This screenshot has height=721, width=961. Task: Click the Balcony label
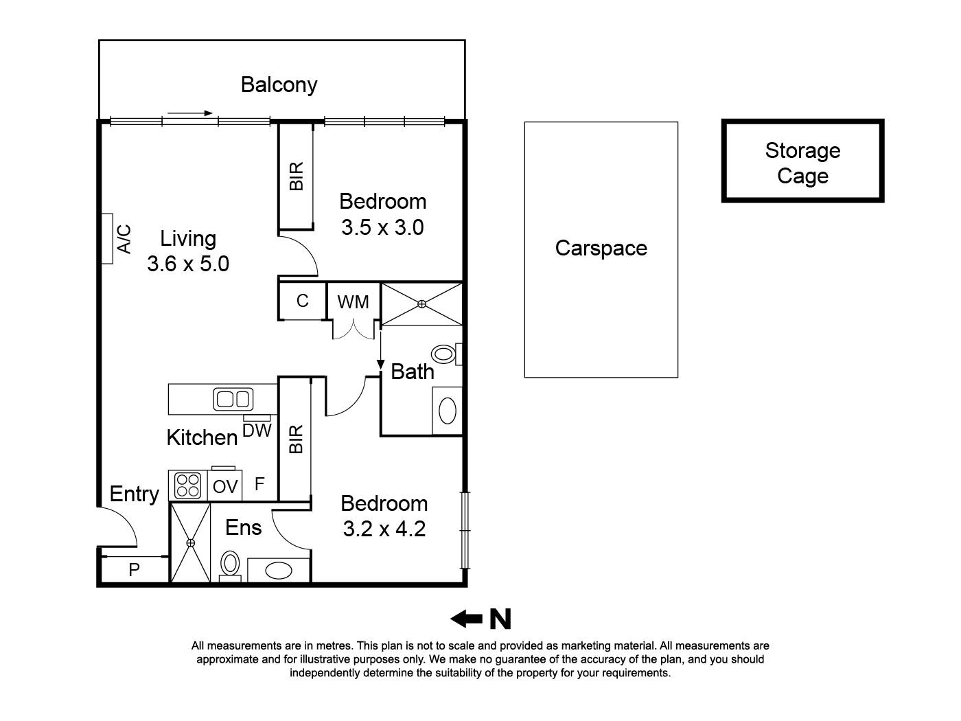pyautogui.click(x=279, y=84)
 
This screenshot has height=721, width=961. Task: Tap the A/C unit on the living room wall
pyautogui.click(x=107, y=238)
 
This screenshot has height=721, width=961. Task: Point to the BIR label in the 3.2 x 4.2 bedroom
pyautogui.click(x=295, y=439)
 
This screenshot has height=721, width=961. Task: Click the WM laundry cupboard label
pyautogui.click(x=353, y=302)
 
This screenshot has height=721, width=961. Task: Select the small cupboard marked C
pyautogui.click(x=302, y=301)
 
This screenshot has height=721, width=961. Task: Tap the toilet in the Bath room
pyautogui.click(x=445, y=354)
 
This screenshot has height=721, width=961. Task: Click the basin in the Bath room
pyautogui.click(x=447, y=411)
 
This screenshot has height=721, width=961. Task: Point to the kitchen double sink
pyautogui.click(x=233, y=399)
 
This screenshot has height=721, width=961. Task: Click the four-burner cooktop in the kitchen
pyautogui.click(x=188, y=485)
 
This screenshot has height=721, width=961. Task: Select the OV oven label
pyautogui.click(x=225, y=487)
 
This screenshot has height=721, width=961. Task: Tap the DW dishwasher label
pyautogui.click(x=257, y=431)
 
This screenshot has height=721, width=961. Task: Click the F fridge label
pyautogui.click(x=259, y=485)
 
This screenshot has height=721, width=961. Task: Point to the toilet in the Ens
pyautogui.click(x=229, y=565)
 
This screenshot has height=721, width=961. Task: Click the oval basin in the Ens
pyautogui.click(x=279, y=571)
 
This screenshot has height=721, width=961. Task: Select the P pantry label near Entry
pyautogui.click(x=134, y=570)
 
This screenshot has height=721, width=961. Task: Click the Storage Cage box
pyautogui.click(x=802, y=161)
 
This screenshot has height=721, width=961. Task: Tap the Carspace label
pyautogui.click(x=601, y=248)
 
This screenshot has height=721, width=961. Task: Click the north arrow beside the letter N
pyautogui.click(x=466, y=619)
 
